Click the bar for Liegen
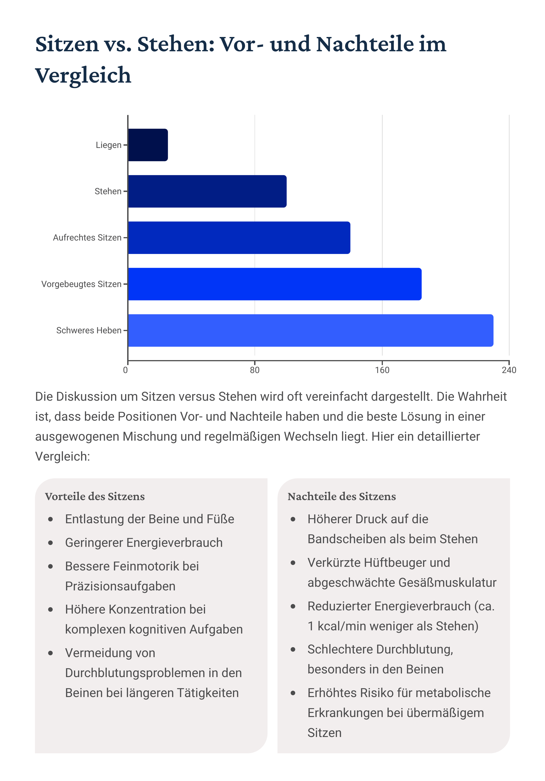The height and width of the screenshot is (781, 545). click(148, 145)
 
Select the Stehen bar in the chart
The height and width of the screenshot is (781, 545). click(207, 191)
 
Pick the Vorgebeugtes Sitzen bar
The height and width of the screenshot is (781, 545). click(274, 284)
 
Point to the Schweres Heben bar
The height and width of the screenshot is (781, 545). click(310, 330)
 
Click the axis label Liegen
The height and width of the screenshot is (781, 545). click(108, 145)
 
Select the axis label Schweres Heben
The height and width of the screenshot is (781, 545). click(89, 331)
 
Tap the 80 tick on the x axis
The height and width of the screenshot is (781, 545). click(255, 370)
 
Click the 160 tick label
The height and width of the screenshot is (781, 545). click(382, 370)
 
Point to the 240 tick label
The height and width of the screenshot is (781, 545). click(509, 370)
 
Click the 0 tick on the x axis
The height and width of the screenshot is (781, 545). click(126, 370)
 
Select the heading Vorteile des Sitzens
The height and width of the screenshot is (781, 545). click(95, 497)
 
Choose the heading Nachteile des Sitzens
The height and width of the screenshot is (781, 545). click(342, 497)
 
